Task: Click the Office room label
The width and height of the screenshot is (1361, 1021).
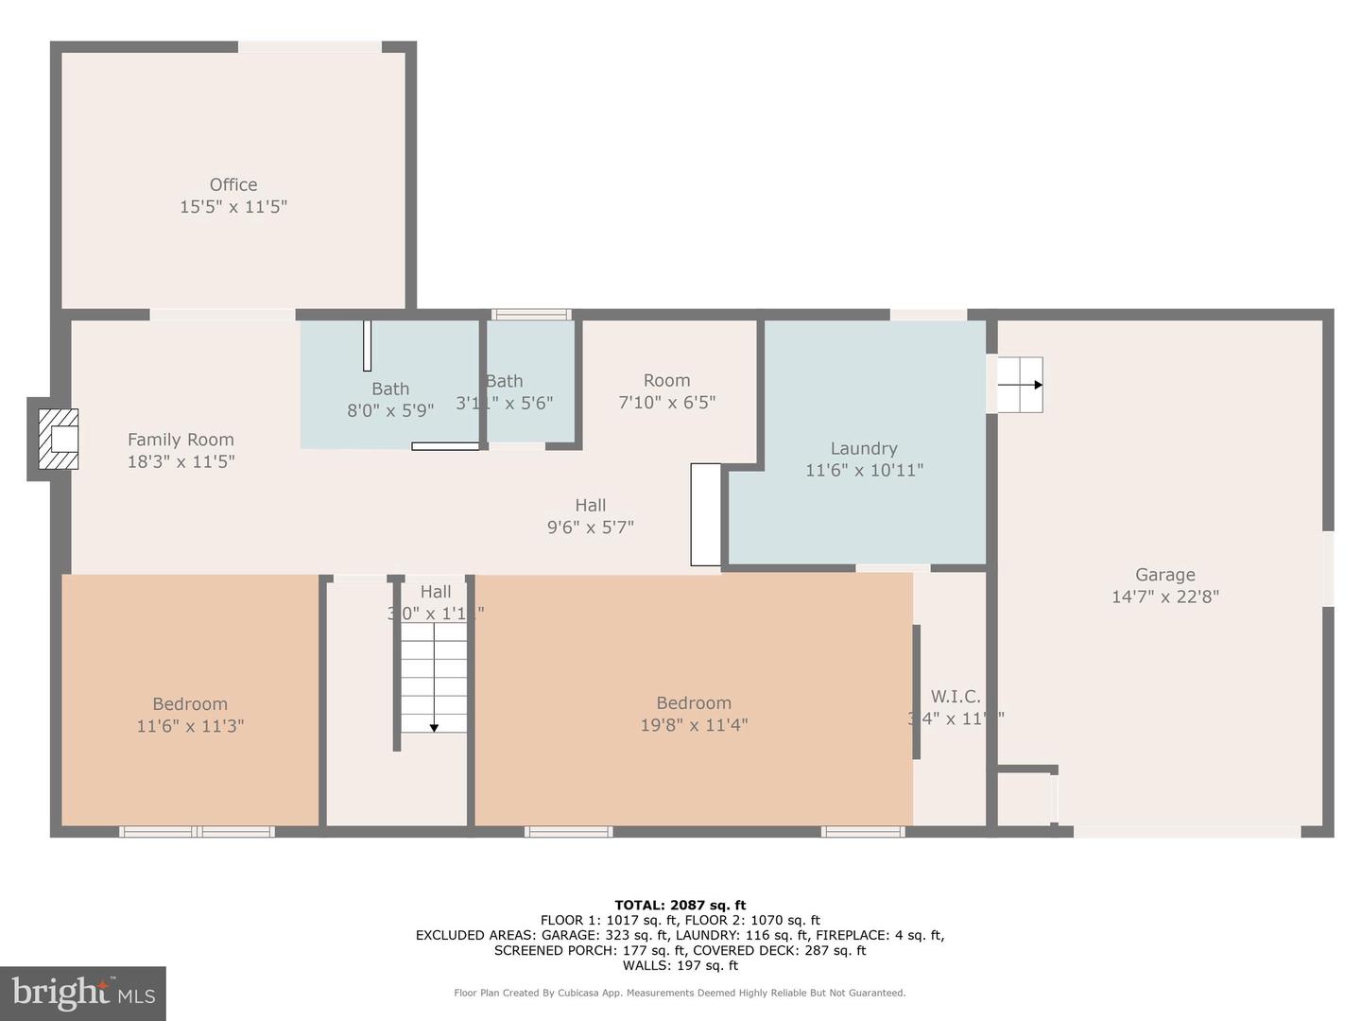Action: pos(233,185)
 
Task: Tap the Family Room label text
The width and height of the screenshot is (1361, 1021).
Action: pos(181,440)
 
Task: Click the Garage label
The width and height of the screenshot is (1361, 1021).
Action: pos(1164,575)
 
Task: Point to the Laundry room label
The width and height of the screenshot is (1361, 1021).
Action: pos(864,449)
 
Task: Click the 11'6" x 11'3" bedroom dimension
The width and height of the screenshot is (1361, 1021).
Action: pos(190,726)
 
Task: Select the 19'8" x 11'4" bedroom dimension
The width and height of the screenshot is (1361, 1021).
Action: pos(694,725)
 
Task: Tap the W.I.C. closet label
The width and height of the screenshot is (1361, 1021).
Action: pos(955,697)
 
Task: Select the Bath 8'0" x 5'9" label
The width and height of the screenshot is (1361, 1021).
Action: pos(390,399)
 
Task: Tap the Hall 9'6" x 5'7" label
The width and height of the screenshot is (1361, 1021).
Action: pos(590,516)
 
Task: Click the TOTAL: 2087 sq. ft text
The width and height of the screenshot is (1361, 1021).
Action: pos(680,905)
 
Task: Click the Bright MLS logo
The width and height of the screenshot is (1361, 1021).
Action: pos(83,993)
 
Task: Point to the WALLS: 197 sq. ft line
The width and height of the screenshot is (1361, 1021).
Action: pos(680,965)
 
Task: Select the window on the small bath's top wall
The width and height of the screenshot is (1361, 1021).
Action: pos(531,315)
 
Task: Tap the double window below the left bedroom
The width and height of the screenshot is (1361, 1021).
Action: pos(197,832)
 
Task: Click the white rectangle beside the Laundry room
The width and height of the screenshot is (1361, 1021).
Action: pos(705,514)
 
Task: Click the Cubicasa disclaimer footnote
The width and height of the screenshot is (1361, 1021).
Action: pos(680,993)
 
